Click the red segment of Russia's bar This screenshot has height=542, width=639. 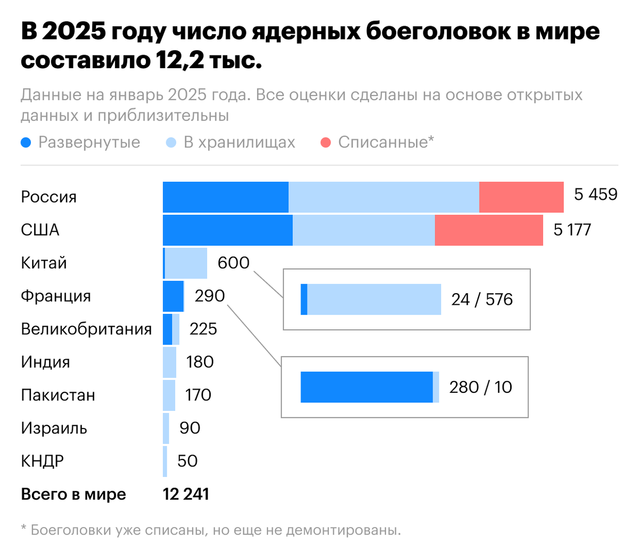(521, 197)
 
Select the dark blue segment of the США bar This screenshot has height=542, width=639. (227, 230)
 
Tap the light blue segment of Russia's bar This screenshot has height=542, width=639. (383, 197)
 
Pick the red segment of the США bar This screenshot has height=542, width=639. (489, 230)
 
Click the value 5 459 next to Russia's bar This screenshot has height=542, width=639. (595, 195)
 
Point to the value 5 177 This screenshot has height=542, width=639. (572, 230)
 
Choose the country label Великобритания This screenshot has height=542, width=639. (86, 329)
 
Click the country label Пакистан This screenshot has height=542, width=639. (58, 395)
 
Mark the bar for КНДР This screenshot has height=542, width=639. (165, 461)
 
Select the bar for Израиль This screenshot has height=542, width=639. (166, 428)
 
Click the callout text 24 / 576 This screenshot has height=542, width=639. (482, 300)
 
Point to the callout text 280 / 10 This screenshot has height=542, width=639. (480, 387)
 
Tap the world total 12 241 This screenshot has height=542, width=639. (186, 494)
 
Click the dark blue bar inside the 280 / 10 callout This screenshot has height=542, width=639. (366, 387)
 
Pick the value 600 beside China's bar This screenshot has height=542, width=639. (233, 263)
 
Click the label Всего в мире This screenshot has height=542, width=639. (73, 494)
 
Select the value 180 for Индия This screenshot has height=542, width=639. (200, 362)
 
